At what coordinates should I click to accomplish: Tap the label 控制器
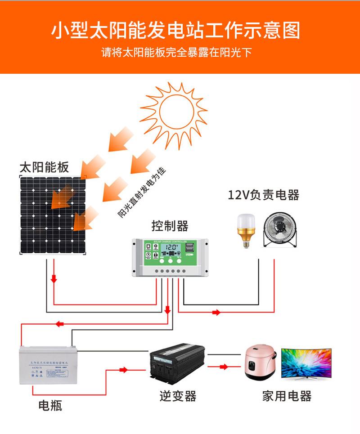coord(169,226)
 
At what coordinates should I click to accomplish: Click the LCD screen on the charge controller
coord(171,247)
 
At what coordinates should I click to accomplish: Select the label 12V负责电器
coord(263,195)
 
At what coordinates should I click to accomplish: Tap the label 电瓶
coord(50,406)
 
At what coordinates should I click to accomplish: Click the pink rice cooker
coord(260,363)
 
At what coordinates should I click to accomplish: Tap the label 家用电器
coord(287,396)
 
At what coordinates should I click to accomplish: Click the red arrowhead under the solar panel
coord(54,279)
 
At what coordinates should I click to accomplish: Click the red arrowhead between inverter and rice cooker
coord(224,367)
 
